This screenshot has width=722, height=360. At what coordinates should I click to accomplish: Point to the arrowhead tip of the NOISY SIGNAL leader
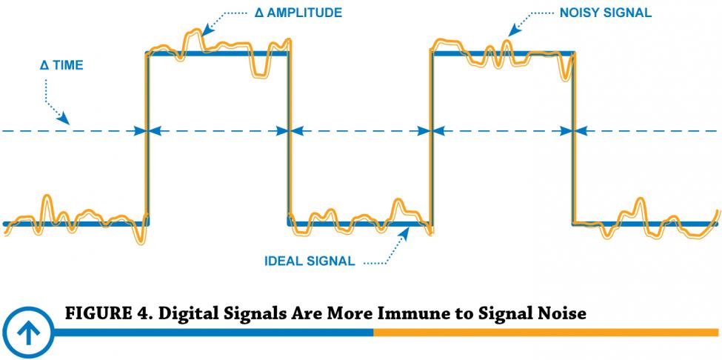click(x=508, y=36)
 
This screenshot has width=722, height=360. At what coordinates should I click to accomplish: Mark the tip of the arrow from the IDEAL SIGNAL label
click(x=409, y=229)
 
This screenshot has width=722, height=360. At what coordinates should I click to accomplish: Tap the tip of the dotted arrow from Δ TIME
click(x=70, y=124)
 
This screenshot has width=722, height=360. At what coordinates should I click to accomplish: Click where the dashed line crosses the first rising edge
click(x=147, y=131)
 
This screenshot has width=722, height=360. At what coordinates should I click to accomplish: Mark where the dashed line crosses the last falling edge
click(x=574, y=131)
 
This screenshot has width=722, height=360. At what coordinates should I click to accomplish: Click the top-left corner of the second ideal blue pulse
click(x=432, y=52)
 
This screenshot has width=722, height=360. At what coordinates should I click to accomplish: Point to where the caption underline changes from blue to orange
click(x=373, y=333)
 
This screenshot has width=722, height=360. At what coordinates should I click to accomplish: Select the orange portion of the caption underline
click(x=546, y=333)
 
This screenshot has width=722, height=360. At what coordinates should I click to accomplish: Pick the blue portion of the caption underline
click(x=213, y=333)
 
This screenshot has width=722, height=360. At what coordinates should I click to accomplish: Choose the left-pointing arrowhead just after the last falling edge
click(x=581, y=131)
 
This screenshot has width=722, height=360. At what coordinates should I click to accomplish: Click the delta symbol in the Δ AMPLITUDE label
click(x=258, y=13)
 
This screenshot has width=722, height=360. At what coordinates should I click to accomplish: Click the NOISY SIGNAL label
click(x=606, y=13)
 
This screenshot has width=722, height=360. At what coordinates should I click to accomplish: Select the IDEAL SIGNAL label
click(x=310, y=261)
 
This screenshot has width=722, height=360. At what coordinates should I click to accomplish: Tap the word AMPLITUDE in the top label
click(x=304, y=13)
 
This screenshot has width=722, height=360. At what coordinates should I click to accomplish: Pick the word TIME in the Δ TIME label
click(x=67, y=65)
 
